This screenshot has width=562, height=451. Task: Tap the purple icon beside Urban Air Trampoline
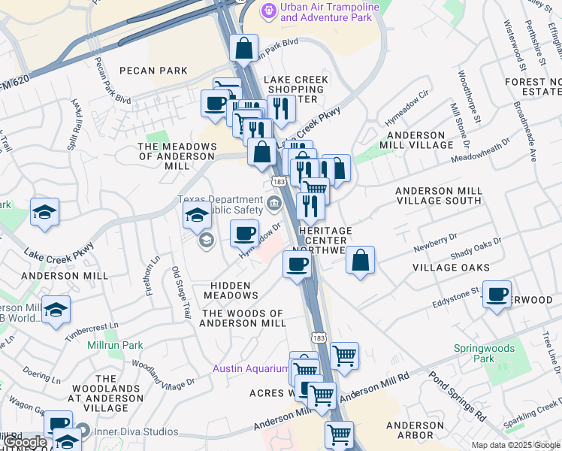268,11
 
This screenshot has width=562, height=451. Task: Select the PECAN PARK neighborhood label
153,71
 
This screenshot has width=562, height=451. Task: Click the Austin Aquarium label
250,368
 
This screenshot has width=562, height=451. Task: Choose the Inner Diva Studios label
135,432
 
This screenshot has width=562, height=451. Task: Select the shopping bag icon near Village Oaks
361,261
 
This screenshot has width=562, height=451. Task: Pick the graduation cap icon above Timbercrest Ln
56,310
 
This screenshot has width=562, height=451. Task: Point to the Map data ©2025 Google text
516,445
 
